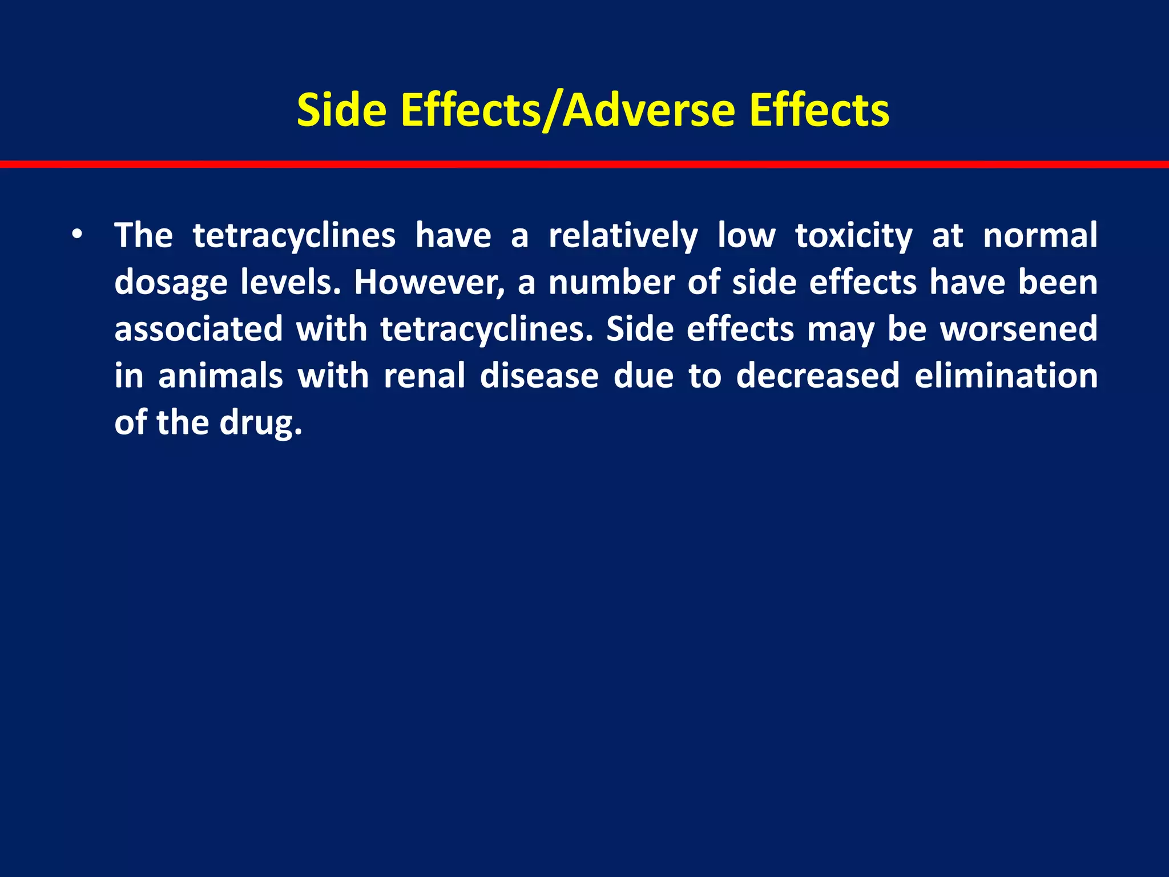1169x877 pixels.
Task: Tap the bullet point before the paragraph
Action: click(x=78, y=235)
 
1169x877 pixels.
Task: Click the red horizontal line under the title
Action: click(x=584, y=164)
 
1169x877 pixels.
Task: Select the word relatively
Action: click(x=623, y=236)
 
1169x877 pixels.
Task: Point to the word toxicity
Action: click(x=853, y=236)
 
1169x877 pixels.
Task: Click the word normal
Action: click(x=1040, y=236)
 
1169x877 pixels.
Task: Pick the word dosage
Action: click(x=171, y=283)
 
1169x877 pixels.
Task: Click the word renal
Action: click(x=424, y=376)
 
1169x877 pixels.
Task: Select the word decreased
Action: click(x=817, y=376)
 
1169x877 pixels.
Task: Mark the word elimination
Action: click(x=1006, y=376)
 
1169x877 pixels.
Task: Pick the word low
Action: click(x=746, y=236)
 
